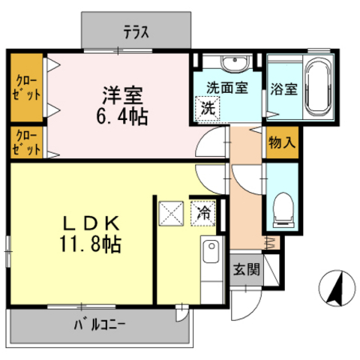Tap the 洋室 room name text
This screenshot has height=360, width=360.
124,96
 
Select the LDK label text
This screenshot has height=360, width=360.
86,223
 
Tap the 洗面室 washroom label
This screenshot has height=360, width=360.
226,87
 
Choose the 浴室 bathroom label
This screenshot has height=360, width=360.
283,88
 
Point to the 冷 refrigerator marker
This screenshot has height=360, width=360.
203,213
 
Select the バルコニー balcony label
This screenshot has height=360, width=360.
99,325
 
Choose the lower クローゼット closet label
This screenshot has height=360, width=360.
25,142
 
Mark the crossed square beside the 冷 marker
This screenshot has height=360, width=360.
172,213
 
